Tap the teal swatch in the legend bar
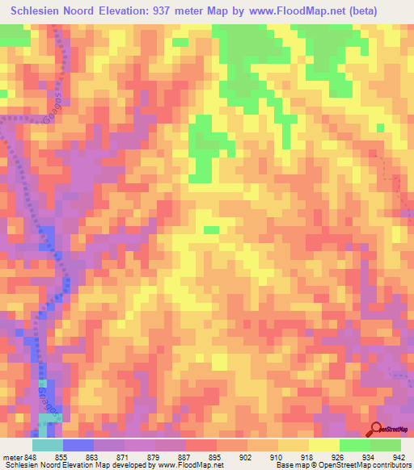47,445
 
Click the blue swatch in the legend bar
78,445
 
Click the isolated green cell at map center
211,230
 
